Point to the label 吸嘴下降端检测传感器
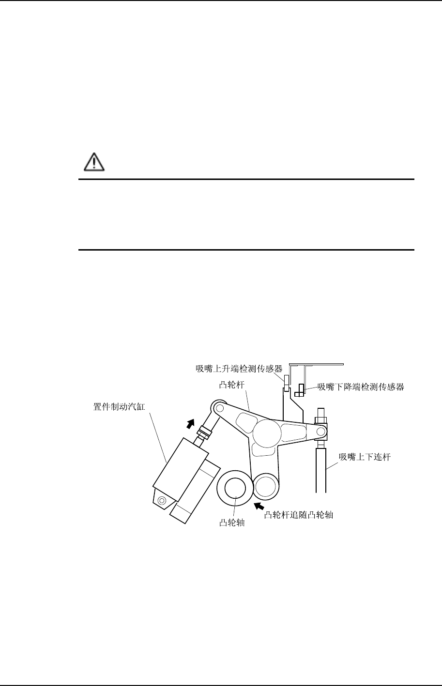[361, 387]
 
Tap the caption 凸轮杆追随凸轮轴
[299, 516]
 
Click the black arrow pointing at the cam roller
[260, 506]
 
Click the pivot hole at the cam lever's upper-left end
[219, 408]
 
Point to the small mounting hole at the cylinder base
[162, 500]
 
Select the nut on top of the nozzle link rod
[320, 415]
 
